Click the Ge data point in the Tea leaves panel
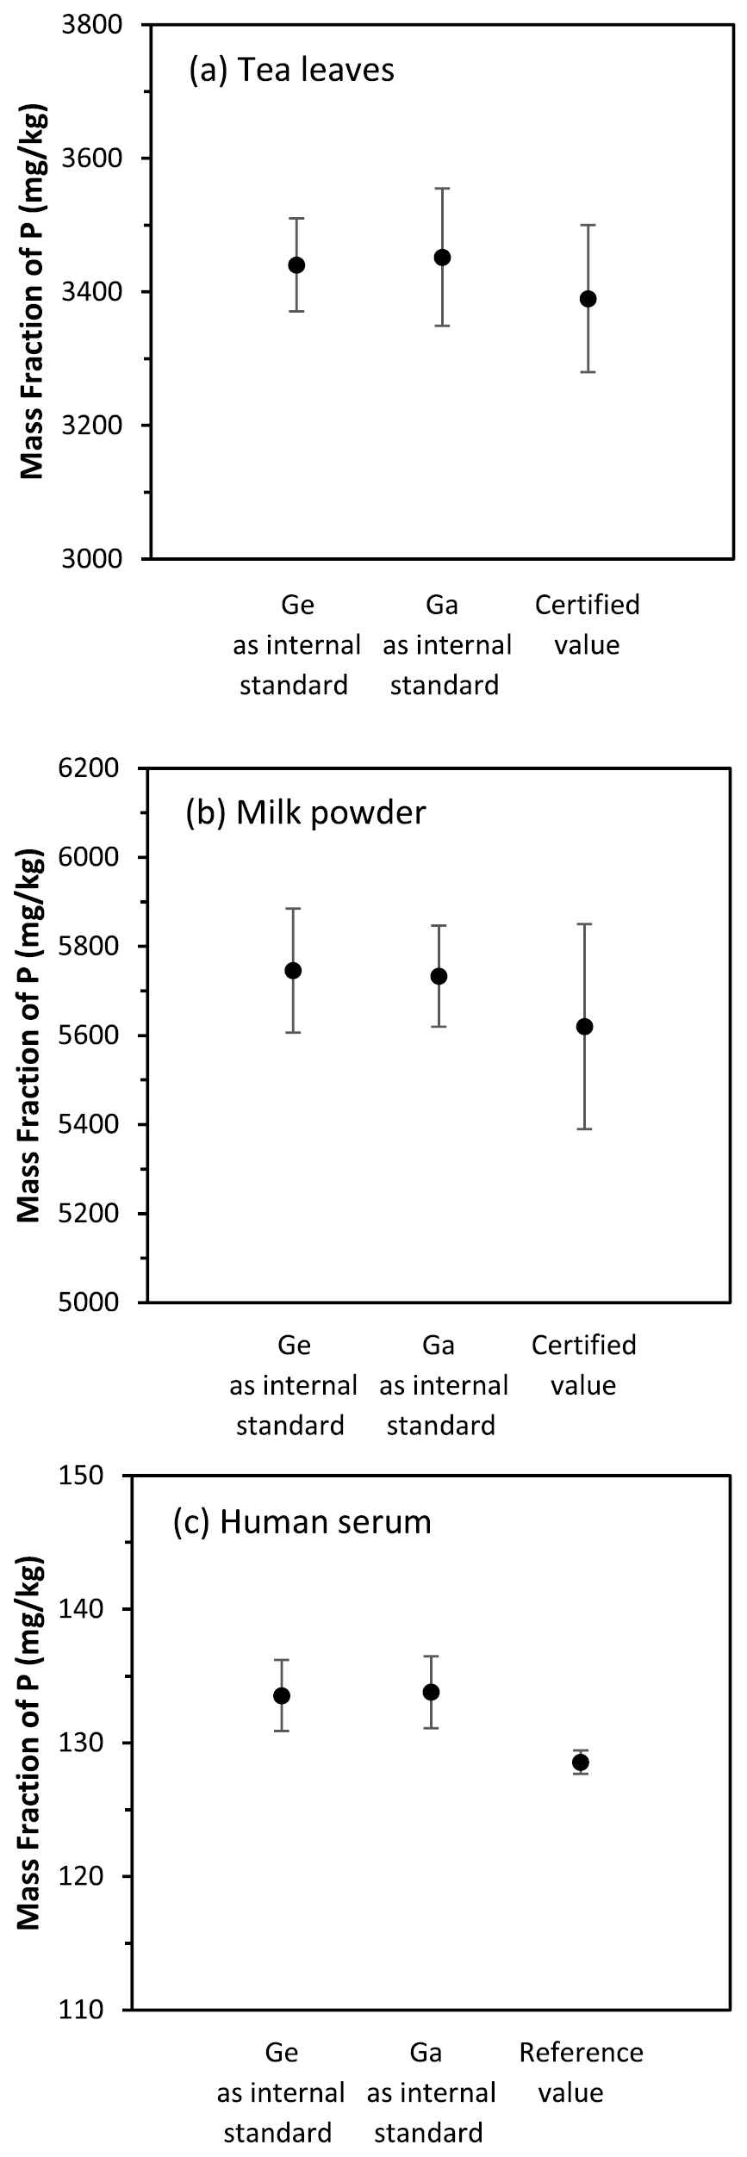pyautogui.click(x=296, y=264)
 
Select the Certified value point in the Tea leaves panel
pyautogui.click(x=588, y=299)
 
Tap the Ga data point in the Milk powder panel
pyautogui.click(x=439, y=976)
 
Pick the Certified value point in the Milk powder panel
pyautogui.click(x=585, y=1027)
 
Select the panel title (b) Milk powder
pyautogui.click(x=306, y=812)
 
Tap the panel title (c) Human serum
pyautogui.click(x=302, y=1521)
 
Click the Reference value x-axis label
pyautogui.click(x=581, y=2072)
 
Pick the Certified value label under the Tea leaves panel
pyautogui.click(x=588, y=625)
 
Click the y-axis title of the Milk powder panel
pyautogui.click(x=30, y=1034)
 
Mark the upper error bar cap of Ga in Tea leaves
pyautogui.click(x=443, y=188)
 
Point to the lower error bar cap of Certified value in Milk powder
pyautogui.click(x=585, y=1128)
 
